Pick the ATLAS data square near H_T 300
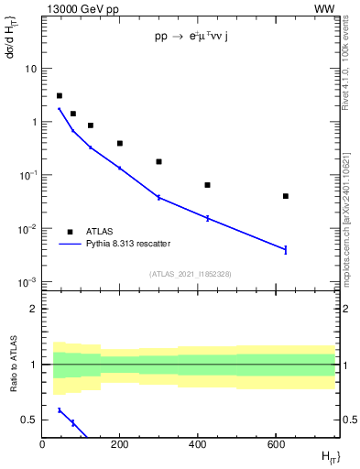[158, 161]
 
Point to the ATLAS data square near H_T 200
[120, 143]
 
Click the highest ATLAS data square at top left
[60, 95]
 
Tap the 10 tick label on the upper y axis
[30, 69]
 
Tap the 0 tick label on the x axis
[42, 445]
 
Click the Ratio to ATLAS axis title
[11, 364]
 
